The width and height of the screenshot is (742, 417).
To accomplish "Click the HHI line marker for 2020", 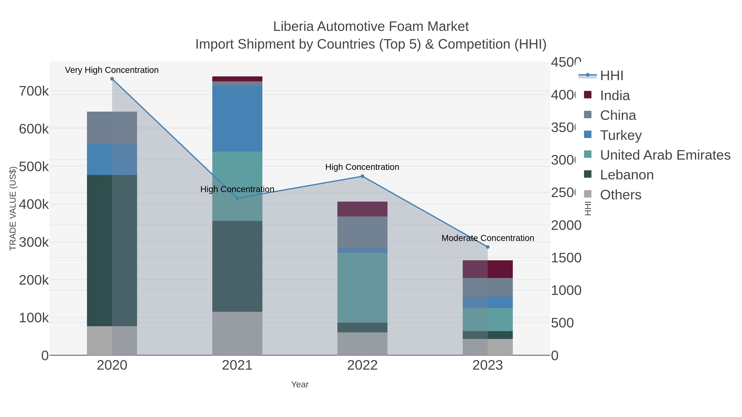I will pos(112,79).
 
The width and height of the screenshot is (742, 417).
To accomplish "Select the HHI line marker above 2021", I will pos(237,198).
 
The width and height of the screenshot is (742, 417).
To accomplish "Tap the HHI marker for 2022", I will pos(362,176).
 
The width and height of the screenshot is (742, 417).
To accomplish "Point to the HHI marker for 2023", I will pos(488,247).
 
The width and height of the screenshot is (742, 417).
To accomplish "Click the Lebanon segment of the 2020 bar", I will pos(112,250).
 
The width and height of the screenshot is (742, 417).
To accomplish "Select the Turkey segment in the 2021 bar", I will pos(237,119).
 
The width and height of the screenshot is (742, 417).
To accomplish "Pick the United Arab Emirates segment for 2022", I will pos(362,288).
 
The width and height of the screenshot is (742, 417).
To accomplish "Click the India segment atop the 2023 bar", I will pos(488,269).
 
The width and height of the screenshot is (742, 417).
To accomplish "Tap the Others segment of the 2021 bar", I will pos(237,333).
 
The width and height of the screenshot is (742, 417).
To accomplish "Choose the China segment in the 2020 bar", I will pos(112,128).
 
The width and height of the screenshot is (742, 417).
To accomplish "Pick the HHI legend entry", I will pos(612,75).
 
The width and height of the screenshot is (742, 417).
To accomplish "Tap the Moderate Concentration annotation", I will pos(488,238).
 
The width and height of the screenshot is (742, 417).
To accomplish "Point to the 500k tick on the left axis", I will pos(34,166).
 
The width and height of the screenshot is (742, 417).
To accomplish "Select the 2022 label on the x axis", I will pos(362,365).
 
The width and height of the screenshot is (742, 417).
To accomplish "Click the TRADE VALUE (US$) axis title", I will pos(13,208).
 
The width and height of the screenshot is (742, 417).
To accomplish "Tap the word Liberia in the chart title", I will pos(293,27).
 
